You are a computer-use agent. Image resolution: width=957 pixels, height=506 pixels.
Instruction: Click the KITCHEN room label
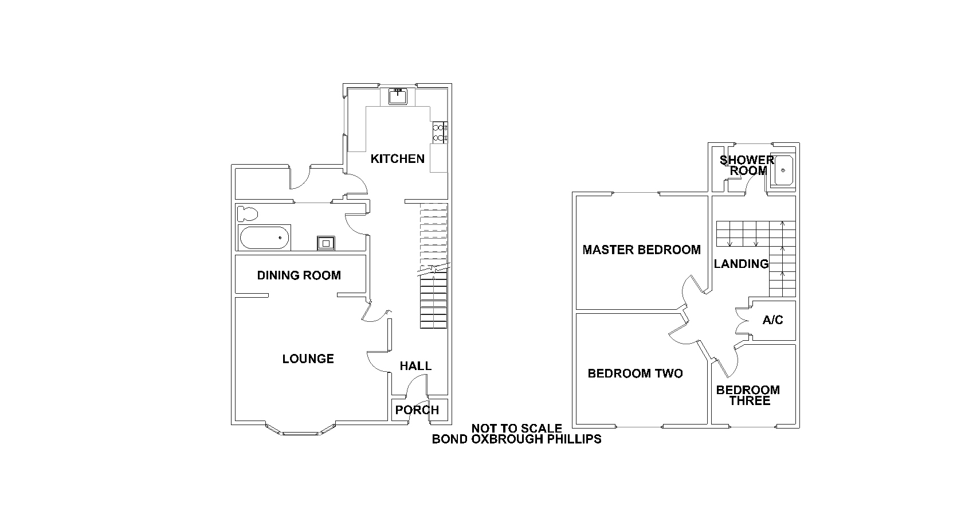(x=397, y=159)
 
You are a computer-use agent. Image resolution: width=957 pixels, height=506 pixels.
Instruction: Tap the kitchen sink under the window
(x=398, y=96)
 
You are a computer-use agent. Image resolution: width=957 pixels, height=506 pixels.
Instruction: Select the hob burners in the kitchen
(x=441, y=132)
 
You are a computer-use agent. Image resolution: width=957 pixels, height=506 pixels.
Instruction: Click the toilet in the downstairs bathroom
(x=248, y=214)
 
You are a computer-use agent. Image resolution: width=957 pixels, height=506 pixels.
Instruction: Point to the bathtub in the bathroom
(x=264, y=238)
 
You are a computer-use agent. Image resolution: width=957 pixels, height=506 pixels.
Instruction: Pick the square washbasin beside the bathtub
(x=326, y=243)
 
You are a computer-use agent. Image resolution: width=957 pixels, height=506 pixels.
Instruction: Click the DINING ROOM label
(x=299, y=275)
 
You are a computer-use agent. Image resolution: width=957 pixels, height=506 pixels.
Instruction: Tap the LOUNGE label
(x=308, y=359)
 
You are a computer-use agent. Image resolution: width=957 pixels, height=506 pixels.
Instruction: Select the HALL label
(x=415, y=366)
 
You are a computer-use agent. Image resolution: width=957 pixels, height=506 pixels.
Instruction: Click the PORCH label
(x=417, y=410)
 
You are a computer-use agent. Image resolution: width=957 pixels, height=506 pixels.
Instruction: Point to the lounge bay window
(x=301, y=432)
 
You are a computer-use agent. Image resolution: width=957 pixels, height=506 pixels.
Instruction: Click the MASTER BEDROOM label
(x=642, y=250)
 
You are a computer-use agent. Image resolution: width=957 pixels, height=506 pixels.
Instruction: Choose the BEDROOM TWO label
(x=636, y=373)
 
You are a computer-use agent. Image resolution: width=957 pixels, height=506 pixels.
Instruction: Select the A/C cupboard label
(x=773, y=320)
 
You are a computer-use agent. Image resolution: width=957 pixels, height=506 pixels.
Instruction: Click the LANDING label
(x=742, y=264)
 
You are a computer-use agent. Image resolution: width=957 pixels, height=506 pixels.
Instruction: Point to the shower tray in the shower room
(x=783, y=170)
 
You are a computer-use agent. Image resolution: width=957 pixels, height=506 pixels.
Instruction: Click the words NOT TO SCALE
(x=517, y=429)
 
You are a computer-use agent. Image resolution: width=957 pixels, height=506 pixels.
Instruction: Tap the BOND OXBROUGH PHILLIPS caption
(x=517, y=439)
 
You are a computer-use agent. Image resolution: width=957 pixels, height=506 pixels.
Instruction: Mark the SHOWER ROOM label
(x=747, y=166)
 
